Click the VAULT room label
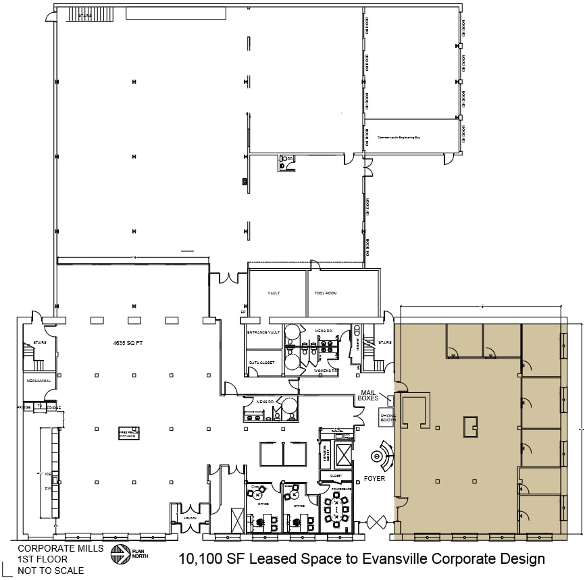pyautogui.click(x=274, y=293)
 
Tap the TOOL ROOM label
pyautogui.click(x=325, y=293)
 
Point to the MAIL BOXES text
pyautogui.click(x=369, y=403)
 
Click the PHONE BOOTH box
pyautogui.click(x=388, y=419)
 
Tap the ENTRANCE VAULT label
pyautogui.click(x=263, y=332)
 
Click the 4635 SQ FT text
pyautogui.click(x=129, y=343)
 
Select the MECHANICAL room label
pyautogui.click(x=39, y=381)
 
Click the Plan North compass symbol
pyautogui.click(x=120, y=553)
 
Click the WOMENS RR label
pyautogui.click(x=326, y=371)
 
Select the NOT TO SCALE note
pyautogui.click(x=51, y=571)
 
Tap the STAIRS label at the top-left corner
pyautogui.click(x=85, y=16)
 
